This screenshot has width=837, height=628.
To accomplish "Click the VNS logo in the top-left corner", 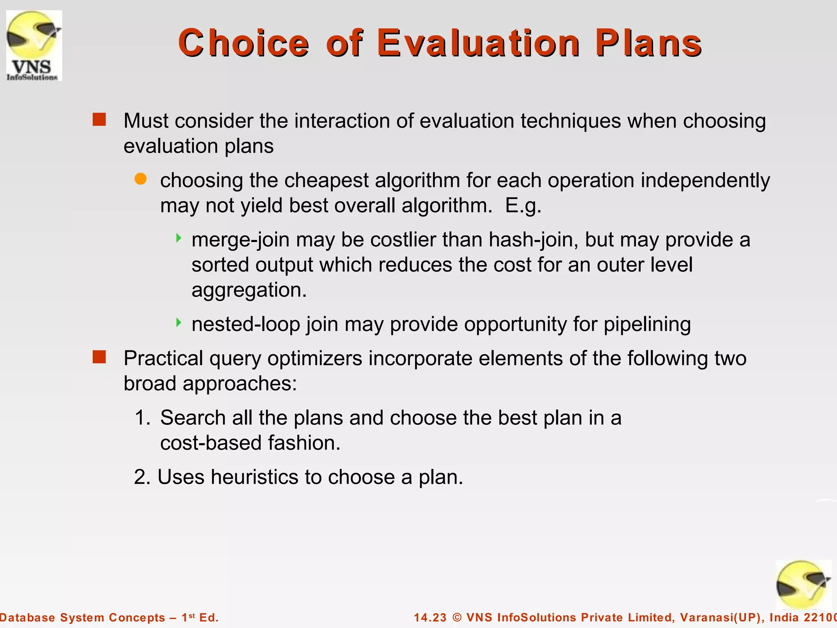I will tap(34, 45).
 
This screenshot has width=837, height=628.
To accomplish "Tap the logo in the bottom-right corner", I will tap(803, 585).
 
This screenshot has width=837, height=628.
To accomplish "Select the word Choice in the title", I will tap(244, 43).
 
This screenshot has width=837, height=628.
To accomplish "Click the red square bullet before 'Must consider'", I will tap(99, 120).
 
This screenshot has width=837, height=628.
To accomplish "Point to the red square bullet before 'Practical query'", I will tap(99, 357).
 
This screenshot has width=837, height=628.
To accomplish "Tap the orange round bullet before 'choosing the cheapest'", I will tap(140, 179).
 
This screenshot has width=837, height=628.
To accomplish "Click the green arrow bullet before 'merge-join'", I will tap(178, 238).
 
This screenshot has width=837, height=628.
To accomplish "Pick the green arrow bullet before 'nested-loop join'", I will tap(178, 323).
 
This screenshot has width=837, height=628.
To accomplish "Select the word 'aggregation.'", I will tap(249, 290).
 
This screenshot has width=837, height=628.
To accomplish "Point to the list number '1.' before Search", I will tap(143, 418).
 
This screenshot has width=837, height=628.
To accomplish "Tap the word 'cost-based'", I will tap(211, 443).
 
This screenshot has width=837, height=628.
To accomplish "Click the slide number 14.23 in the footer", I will tap(430, 617).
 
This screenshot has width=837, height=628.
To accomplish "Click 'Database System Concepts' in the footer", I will tap(83, 617).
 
